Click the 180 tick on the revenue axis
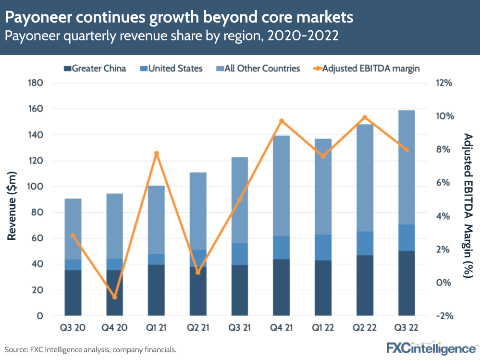tap(37, 83)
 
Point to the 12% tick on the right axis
tap(444, 83)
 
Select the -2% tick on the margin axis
tap(444, 316)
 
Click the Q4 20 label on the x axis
tap(114, 328)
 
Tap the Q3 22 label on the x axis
tap(406, 328)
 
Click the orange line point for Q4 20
tap(114, 297)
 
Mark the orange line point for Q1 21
tap(156, 153)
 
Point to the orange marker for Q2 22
tap(365, 117)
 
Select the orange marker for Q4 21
tap(282, 121)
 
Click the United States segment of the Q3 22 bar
tap(406, 237)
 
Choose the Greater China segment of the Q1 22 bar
tap(323, 288)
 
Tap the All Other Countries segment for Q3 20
tap(73, 229)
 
